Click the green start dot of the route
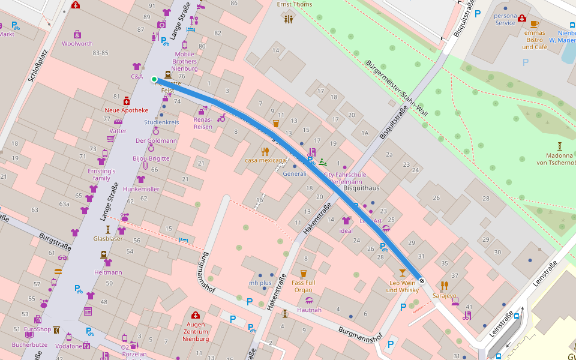point(154,79)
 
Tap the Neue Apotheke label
point(126,110)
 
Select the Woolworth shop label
point(77,44)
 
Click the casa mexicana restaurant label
point(265,161)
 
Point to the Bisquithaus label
point(361,188)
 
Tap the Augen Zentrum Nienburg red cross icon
point(195,315)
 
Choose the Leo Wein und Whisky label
point(402,287)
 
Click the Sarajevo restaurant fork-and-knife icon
point(444,285)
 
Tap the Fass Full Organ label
point(303,286)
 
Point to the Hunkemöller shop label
point(141,189)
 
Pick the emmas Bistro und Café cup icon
point(534,25)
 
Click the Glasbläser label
point(108,238)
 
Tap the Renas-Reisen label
point(203,123)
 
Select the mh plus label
point(260,283)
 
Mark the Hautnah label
point(309,310)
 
